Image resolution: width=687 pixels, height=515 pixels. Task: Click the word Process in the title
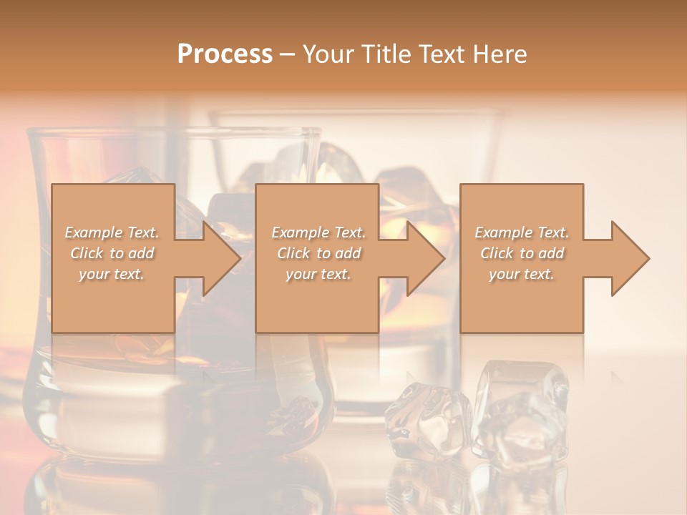tap(225, 54)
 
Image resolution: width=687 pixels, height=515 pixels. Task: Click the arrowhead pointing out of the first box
tap(218, 259)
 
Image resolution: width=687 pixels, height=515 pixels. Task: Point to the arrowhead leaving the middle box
tap(422, 259)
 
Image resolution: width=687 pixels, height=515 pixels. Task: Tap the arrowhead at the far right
tap(627, 259)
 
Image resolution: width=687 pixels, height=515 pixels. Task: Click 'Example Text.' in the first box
tap(112, 232)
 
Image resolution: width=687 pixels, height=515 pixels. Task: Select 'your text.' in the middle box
tap(318, 274)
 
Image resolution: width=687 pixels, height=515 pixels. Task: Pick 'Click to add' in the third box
tap(522, 253)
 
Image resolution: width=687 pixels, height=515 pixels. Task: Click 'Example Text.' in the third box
tap(522, 232)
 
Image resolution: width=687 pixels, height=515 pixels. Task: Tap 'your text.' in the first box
tap(112, 274)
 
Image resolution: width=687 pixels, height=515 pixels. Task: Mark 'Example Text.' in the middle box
tap(318, 232)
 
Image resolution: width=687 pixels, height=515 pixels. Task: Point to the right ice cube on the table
tap(519, 411)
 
